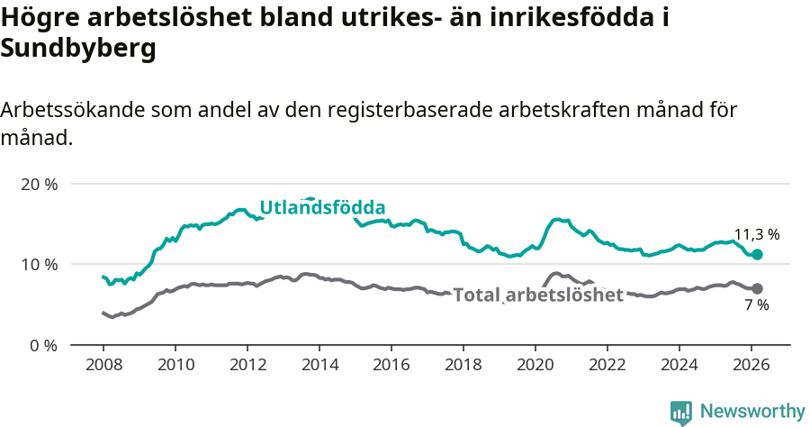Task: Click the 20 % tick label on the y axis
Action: (x=38, y=184)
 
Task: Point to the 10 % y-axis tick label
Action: (x=38, y=264)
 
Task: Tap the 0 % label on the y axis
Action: (x=41, y=345)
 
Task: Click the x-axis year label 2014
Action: (x=319, y=366)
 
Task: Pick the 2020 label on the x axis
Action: (x=535, y=366)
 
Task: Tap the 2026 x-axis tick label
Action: (x=751, y=366)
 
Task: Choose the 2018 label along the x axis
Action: (x=463, y=366)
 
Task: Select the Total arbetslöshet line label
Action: (x=537, y=295)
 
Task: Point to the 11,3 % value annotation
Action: (x=757, y=234)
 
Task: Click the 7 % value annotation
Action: (x=756, y=305)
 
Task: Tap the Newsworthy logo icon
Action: (x=681, y=413)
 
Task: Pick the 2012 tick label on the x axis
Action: (x=247, y=366)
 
